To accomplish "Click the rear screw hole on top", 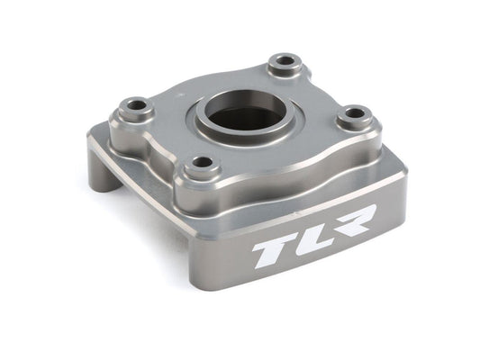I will point(287,62).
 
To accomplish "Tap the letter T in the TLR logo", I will point(270,252).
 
